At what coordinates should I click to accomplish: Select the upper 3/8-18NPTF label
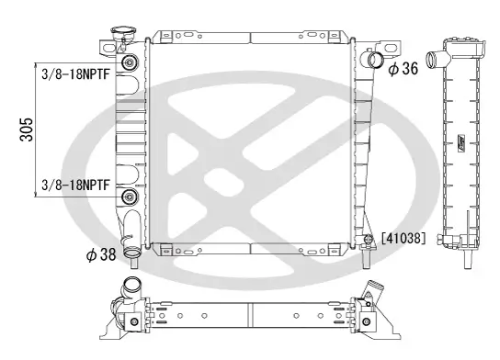[x=76, y=75]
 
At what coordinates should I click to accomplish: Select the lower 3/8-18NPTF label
[x=76, y=184]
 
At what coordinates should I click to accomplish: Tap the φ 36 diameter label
[x=403, y=68]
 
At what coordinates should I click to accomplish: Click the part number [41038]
[x=403, y=238]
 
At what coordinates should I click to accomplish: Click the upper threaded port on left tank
[x=129, y=63]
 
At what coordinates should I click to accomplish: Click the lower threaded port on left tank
[x=129, y=197]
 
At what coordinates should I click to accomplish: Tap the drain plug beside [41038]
[x=368, y=241]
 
